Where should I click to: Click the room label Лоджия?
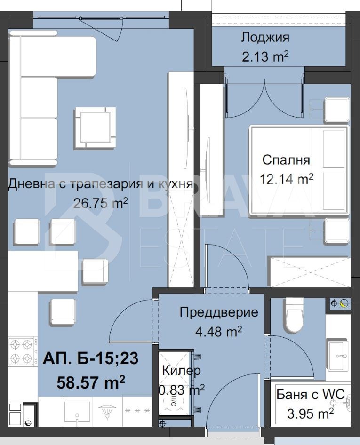(x=265, y=37)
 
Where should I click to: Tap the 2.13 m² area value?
(x=265, y=57)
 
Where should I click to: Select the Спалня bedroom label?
(x=286, y=160)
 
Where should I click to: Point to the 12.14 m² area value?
(x=286, y=179)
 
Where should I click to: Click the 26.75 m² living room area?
(x=100, y=203)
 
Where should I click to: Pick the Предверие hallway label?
(x=219, y=312)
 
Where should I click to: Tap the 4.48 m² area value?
(x=218, y=332)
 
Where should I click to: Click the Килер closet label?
(x=181, y=370)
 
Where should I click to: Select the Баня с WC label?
(x=311, y=394)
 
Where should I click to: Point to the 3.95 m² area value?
(x=311, y=413)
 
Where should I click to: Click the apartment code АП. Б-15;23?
(x=90, y=359)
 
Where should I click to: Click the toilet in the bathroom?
(x=295, y=315)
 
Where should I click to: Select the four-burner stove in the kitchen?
(x=22, y=351)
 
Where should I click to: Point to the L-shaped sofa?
(x=38, y=94)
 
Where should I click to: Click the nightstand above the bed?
(x=336, y=110)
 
